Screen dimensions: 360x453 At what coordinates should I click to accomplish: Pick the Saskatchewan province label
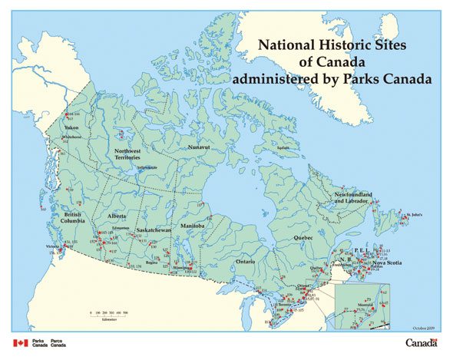click(x=153, y=230)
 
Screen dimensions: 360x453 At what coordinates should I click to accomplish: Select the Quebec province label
click(x=306, y=239)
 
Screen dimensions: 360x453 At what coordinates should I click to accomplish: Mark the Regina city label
click(x=161, y=262)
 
